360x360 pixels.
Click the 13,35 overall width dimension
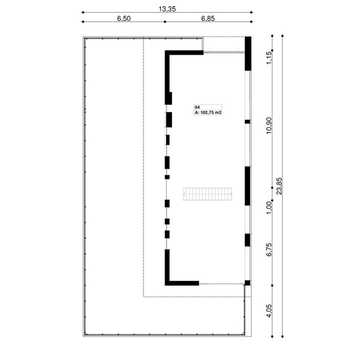[166, 8]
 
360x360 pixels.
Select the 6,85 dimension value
[207, 19]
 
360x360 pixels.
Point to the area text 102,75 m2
[209, 112]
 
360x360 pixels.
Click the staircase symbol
[208, 194]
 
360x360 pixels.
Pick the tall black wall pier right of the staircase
[247, 186]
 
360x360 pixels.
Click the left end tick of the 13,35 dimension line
[83, 12]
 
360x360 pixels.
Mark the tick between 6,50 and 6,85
[164, 22]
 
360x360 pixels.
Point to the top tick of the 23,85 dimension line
[282, 35]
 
